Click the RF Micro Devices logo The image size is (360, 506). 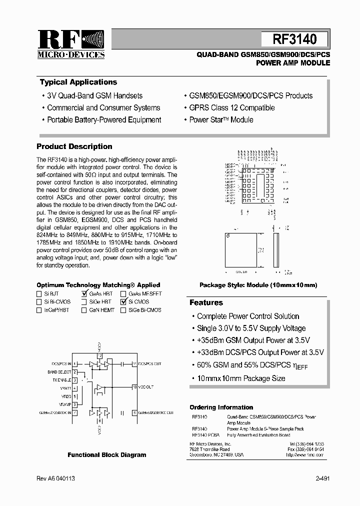pos(70,44)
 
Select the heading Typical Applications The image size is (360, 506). pos(78,82)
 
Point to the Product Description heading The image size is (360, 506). pos(74,146)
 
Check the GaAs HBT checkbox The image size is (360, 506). pos(84,294)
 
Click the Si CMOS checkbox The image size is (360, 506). pos(123,302)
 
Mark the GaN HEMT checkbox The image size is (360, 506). pos(84,310)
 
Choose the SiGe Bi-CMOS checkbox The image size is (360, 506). pos(123,310)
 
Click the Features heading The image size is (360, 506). pos(206,302)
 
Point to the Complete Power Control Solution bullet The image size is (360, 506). pos(248,316)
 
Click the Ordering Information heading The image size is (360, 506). pos(221,407)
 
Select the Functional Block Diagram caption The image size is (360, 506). pos(107,455)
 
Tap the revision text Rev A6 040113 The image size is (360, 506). pos(56,478)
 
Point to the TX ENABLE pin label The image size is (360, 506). pos(61,380)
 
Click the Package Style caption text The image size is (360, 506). pos(258,285)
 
